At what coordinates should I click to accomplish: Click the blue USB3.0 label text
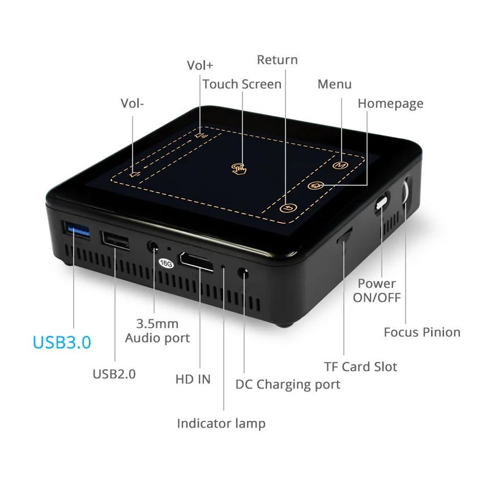click(x=62, y=343)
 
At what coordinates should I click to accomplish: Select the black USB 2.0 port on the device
click(x=115, y=240)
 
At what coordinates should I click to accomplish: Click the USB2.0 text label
click(x=114, y=374)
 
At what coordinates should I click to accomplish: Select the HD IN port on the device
click(x=197, y=262)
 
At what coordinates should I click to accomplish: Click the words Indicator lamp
click(x=221, y=423)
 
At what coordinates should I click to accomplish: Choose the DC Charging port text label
click(x=288, y=385)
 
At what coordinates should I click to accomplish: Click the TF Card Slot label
click(x=360, y=366)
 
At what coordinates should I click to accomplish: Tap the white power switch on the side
click(x=382, y=203)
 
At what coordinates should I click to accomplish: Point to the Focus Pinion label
click(x=422, y=332)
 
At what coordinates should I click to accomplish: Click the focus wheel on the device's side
click(x=406, y=193)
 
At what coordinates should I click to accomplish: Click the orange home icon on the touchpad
click(x=315, y=186)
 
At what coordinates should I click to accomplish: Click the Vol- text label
click(x=133, y=103)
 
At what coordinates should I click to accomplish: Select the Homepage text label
click(x=390, y=104)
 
